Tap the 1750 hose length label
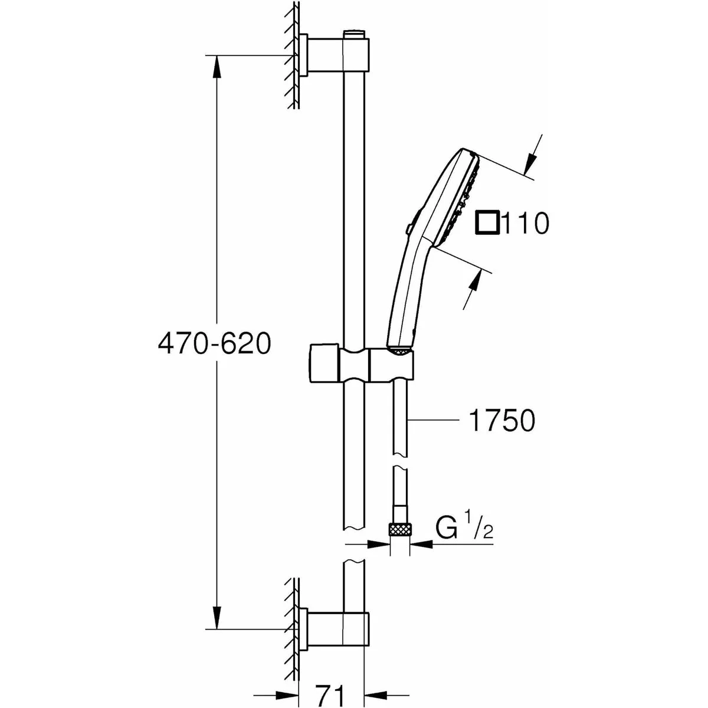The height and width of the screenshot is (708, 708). (501, 421)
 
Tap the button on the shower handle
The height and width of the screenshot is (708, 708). (411, 221)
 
